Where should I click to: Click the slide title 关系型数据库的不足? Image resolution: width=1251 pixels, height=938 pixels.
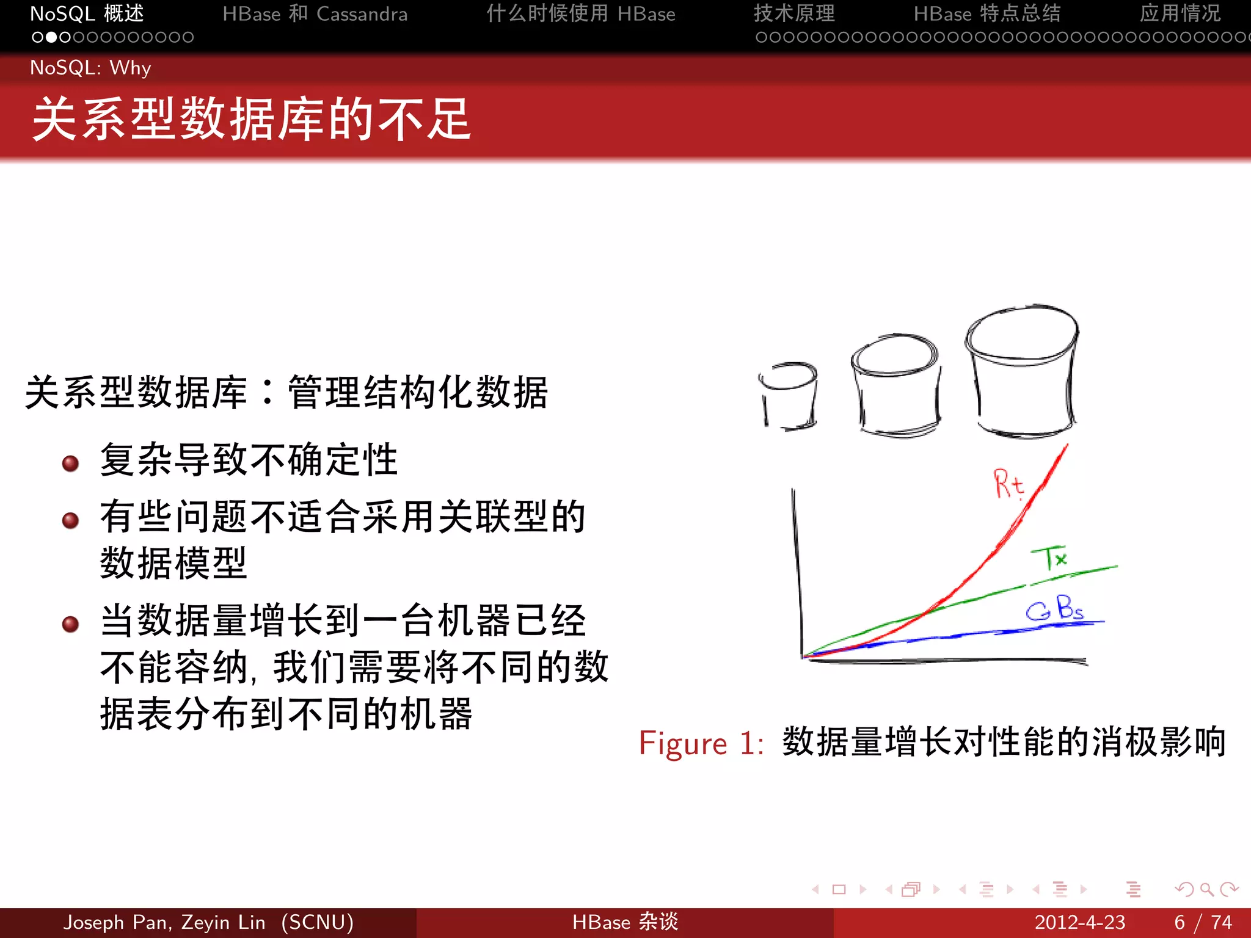(x=252, y=120)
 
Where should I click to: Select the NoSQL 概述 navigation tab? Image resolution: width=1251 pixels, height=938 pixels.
(x=87, y=13)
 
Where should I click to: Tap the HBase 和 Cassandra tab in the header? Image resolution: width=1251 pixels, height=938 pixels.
(x=315, y=13)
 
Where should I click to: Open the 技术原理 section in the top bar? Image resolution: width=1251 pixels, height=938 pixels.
(x=794, y=13)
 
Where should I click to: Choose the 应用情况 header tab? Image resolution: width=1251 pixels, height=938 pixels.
(x=1180, y=13)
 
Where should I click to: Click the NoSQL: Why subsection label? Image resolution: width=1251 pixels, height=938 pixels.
(x=90, y=68)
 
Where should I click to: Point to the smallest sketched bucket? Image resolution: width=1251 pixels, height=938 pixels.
(x=789, y=397)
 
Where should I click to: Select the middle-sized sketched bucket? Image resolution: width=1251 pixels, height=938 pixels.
(x=896, y=385)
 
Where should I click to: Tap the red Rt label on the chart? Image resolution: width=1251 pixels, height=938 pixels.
(x=1008, y=484)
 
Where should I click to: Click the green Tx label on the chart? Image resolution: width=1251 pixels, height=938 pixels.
(x=1050, y=558)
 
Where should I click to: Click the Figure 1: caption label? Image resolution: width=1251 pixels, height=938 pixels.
(x=701, y=744)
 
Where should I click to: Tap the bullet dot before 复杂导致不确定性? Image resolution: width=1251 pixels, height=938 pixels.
(x=71, y=464)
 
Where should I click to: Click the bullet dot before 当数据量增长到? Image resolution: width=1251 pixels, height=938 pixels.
(x=71, y=624)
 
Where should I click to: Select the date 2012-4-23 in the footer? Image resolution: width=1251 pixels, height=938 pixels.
(x=1079, y=922)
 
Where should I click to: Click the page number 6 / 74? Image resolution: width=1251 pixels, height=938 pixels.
(x=1203, y=922)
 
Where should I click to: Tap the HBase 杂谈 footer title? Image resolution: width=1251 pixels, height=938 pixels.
(x=625, y=922)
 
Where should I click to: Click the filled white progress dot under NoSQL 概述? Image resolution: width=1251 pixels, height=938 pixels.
(x=51, y=37)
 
